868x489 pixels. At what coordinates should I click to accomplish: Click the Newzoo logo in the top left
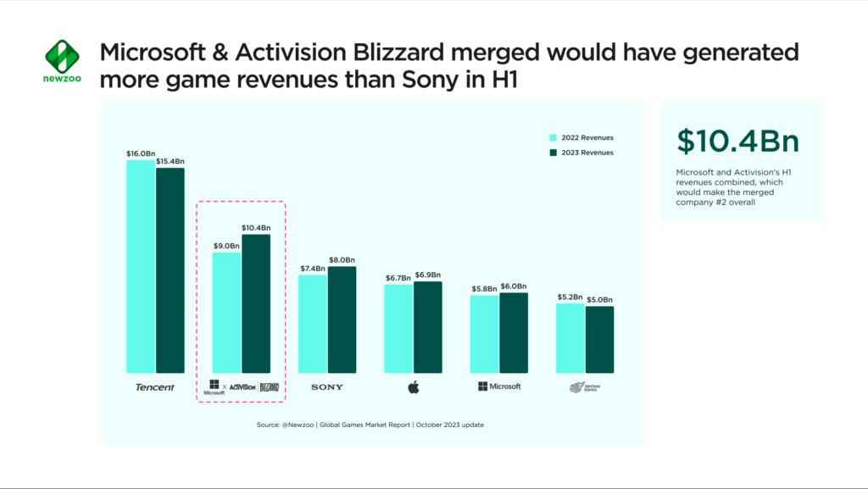click(x=62, y=61)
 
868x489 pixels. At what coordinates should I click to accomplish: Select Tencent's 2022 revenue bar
click(x=141, y=266)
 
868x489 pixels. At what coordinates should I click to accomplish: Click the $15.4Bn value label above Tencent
click(x=170, y=161)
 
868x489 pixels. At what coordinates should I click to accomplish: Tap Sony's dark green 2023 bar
click(x=342, y=320)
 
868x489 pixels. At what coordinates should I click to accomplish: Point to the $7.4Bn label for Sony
click(x=312, y=268)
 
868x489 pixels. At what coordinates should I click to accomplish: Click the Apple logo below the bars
click(x=414, y=387)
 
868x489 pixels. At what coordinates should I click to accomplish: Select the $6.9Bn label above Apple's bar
click(x=428, y=275)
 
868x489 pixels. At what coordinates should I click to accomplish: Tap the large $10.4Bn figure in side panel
click(x=737, y=141)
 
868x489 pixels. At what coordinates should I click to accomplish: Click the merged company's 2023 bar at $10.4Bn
click(x=256, y=303)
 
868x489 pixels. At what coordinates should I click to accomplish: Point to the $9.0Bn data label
click(x=226, y=246)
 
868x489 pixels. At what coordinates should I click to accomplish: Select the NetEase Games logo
click(x=585, y=387)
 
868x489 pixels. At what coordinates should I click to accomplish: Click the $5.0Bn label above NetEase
click(x=599, y=300)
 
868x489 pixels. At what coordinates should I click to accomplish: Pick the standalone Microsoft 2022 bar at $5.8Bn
click(x=484, y=334)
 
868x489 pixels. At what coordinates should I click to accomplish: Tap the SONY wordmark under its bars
click(x=327, y=387)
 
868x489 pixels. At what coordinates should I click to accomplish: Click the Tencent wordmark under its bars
click(x=155, y=387)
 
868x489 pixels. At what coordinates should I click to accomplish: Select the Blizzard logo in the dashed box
click(x=269, y=386)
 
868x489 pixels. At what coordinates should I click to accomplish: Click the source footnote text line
click(x=370, y=425)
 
